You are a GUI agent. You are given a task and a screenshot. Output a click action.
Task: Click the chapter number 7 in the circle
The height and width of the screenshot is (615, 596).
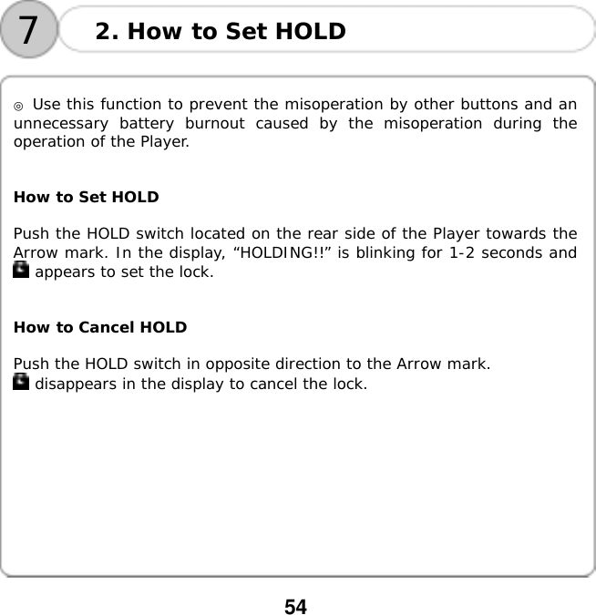(x=29, y=30)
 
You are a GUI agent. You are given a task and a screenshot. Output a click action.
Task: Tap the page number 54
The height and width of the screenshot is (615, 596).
(x=296, y=604)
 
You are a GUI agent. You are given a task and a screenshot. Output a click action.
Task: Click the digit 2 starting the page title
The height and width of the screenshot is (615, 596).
(x=103, y=32)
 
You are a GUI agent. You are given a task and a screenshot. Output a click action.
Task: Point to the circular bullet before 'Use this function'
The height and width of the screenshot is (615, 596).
(x=18, y=106)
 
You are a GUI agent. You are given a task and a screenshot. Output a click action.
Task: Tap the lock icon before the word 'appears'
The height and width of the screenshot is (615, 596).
(x=21, y=270)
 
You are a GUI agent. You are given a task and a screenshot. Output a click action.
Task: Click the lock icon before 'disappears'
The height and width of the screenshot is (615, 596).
(x=21, y=383)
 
